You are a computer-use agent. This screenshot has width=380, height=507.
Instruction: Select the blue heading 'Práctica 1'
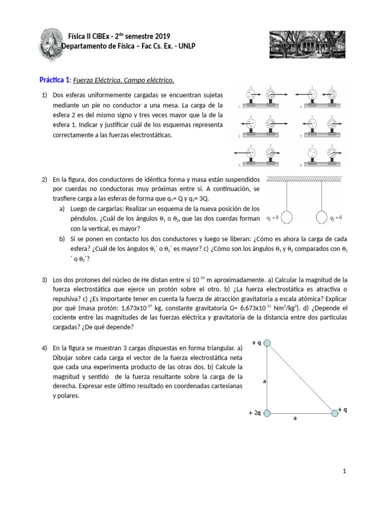54,80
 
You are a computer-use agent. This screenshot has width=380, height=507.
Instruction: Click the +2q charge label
254,412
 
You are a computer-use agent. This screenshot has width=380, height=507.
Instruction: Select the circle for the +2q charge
267,412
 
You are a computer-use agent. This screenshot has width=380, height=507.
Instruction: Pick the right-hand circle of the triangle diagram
335,412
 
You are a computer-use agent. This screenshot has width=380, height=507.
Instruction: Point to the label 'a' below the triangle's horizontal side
295,418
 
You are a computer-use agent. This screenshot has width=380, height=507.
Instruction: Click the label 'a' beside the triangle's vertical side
265,381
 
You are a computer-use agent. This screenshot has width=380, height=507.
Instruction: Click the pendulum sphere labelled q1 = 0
290,218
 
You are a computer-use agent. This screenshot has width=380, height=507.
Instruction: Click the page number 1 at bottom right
344,471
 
